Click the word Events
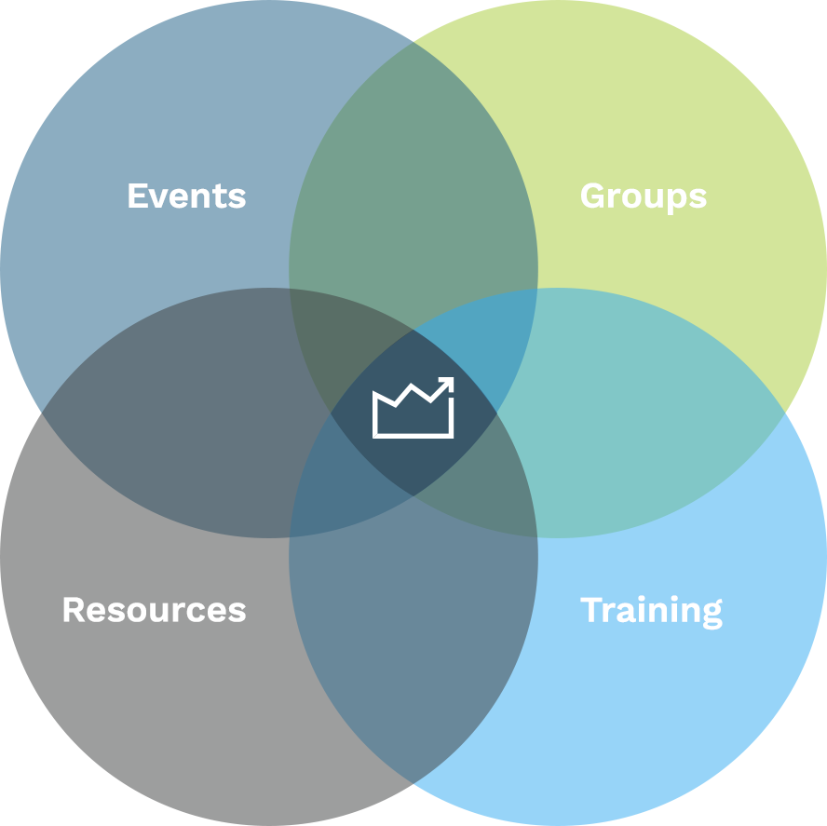(x=186, y=196)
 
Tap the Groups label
(x=643, y=196)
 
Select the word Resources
(x=154, y=610)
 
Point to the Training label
(x=651, y=611)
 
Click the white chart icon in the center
(x=413, y=409)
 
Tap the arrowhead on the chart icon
(x=447, y=383)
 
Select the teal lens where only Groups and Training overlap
(x=643, y=410)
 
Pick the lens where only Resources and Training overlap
(x=413, y=643)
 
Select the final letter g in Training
(x=712, y=615)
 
